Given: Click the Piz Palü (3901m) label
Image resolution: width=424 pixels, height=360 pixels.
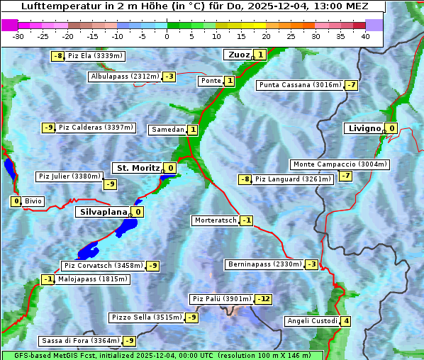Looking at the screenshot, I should [221, 299].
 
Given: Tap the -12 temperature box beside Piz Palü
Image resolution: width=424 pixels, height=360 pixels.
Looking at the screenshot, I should [263, 299].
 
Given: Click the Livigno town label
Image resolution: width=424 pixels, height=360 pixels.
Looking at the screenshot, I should [364, 128].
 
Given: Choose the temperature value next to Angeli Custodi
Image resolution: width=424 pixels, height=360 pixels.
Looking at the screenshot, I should [346, 321].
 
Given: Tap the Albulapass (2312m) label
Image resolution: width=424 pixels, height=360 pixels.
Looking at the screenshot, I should [125, 77].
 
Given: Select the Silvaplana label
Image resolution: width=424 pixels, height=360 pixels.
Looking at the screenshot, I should [103, 212].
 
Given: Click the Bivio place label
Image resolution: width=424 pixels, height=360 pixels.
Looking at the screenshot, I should [33, 201].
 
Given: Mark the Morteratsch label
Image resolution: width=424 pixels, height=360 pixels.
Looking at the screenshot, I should [216, 220].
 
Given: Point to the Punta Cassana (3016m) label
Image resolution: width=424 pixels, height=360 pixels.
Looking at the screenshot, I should [300, 85].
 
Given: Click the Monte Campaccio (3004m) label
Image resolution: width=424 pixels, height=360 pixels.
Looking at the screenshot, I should [340, 164].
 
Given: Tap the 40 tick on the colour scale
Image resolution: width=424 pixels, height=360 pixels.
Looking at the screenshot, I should [365, 36].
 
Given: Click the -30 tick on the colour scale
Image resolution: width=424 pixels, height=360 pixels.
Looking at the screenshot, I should [18, 36].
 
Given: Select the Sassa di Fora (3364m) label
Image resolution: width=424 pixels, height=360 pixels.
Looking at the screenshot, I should [80, 341].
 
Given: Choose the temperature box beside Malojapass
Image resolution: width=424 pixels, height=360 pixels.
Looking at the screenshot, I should [48, 279].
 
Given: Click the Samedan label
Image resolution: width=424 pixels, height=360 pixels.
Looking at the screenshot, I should [167, 130].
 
